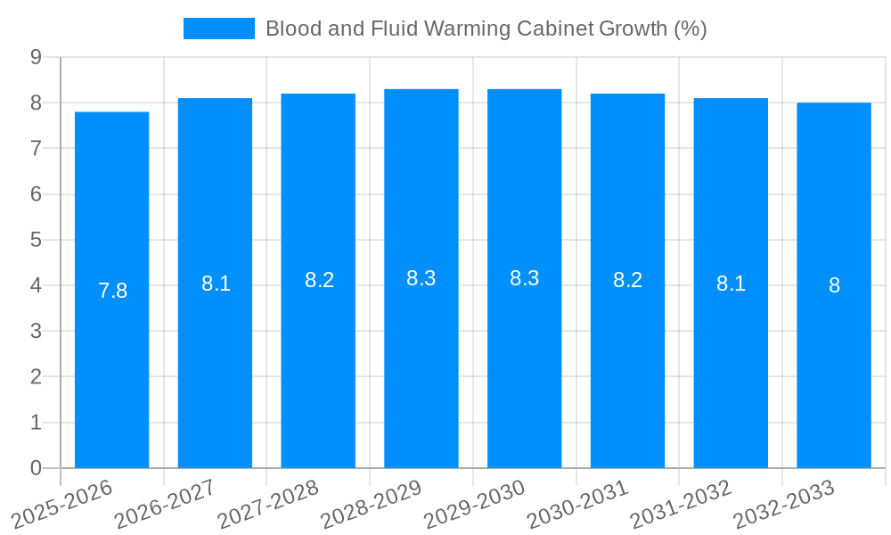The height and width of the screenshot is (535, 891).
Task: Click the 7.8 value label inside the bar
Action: (112, 291)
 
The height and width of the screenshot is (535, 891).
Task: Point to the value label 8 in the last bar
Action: (834, 285)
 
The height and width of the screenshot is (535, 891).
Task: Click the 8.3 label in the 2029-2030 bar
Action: (524, 278)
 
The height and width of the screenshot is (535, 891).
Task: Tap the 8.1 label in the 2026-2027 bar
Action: (216, 284)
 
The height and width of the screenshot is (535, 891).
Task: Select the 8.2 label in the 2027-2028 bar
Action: (319, 280)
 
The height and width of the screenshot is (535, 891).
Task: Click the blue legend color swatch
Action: (218, 29)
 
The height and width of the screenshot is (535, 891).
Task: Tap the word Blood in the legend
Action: (290, 29)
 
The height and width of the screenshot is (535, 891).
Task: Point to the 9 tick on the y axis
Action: (37, 57)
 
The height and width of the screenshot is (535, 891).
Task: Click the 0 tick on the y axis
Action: (37, 468)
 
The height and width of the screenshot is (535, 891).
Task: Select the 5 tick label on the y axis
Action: (37, 240)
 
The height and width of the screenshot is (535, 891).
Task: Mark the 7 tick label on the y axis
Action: (37, 148)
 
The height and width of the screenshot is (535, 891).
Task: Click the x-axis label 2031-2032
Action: (683, 503)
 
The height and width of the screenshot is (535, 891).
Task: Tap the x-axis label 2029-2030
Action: (476, 503)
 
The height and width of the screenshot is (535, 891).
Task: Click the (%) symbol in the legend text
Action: (690, 29)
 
